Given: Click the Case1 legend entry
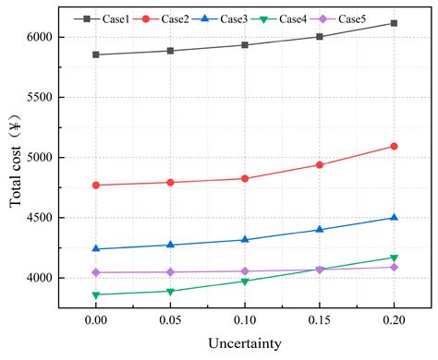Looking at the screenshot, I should click(x=100, y=18).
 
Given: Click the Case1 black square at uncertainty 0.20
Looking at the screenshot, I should click(x=395, y=23).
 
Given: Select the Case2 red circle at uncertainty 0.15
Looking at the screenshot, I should click(x=320, y=165).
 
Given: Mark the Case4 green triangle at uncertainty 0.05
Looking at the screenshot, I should click(x=169, y=292).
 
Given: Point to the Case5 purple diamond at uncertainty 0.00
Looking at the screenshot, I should click(x=94, y=272).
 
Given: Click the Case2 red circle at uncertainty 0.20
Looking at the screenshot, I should click(x=395, y=146).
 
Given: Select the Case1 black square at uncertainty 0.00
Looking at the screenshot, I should click(x=94, y=54).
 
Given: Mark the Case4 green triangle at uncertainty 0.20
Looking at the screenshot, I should click(x=395, y=258).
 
